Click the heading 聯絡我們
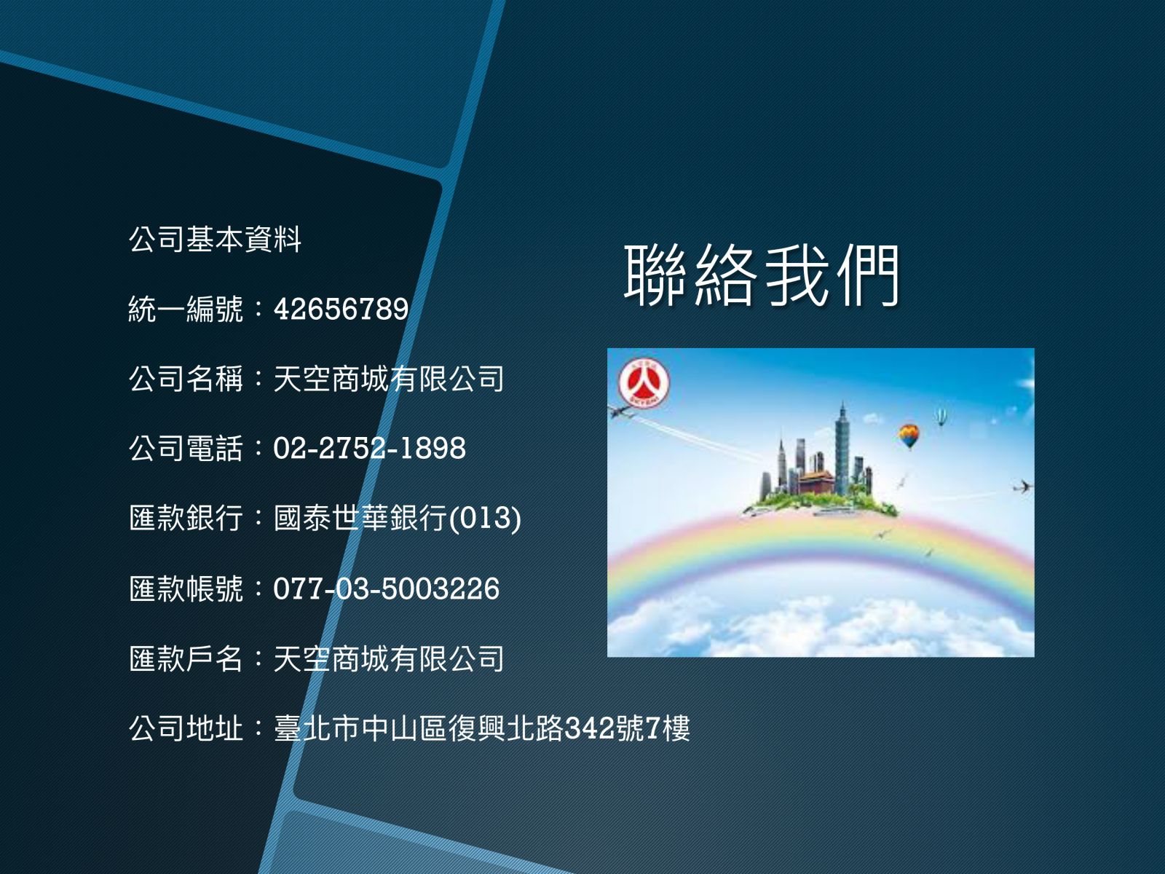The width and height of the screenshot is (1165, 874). coord(762,276)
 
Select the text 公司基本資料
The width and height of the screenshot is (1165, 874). coord(215,240)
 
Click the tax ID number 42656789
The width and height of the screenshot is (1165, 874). coord(341,309)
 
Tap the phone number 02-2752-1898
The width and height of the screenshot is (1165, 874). coord(369,448)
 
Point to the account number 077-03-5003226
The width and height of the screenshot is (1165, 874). coord(387,588)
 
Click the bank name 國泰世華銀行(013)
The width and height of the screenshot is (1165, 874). coord(397,518)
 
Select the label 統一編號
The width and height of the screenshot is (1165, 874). coord(186,309)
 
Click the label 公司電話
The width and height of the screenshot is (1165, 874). coord(186,449)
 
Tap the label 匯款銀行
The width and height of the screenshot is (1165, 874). coord(186,518)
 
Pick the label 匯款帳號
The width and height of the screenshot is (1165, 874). coord(186,588)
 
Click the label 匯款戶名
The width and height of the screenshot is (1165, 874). coord(186,658)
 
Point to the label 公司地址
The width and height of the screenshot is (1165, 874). coord(186,728)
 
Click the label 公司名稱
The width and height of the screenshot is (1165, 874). coord(186,378)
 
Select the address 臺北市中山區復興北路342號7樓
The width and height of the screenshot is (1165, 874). coord(481,728)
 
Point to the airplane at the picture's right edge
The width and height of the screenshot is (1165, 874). coord(1022,486)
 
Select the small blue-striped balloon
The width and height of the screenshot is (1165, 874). coord(941,417)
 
